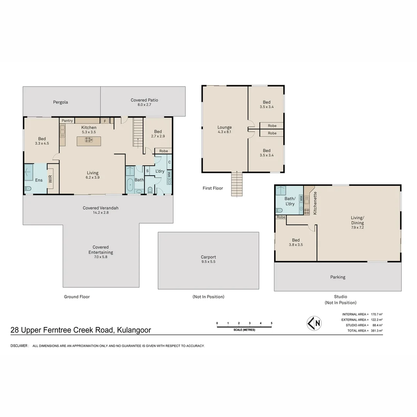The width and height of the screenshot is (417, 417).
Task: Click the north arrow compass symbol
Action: [x=314, y=324]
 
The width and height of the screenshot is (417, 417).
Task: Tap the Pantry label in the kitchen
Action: [x=67, y=120]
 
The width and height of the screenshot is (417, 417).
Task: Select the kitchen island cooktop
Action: [x=89, y=140]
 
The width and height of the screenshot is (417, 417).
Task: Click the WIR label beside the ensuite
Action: [x=50, y=179]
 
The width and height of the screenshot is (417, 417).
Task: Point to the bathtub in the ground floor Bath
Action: [x=130, y=185]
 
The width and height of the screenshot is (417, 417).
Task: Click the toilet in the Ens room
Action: [x=28, y=188]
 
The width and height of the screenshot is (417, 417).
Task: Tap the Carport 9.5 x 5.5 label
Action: [x=208, y=259]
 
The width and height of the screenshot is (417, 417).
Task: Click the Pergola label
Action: [x=60, y=102]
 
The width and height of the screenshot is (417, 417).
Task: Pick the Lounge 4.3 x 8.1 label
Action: [x=224, y=129]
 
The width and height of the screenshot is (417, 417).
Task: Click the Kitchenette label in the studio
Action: [x=315, y=203]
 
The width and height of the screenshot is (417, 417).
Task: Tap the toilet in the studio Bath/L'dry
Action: [x=279, y=210]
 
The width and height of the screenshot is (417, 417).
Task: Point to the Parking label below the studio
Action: [x=338, y=277]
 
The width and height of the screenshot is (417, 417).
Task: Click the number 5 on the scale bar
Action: [x=271, y=323]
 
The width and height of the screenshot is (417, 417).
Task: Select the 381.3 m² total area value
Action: [x=376, y=331]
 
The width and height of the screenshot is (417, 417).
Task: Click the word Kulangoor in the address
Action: [x=134, y=330]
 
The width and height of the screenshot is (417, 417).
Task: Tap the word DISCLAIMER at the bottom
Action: [x=19, y=346]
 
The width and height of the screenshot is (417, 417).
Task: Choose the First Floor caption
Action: [x=213, y=188]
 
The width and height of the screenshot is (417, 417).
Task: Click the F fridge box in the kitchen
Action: [x=105, y=121]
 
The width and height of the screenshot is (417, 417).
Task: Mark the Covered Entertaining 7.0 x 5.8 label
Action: [x=100, y=252]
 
